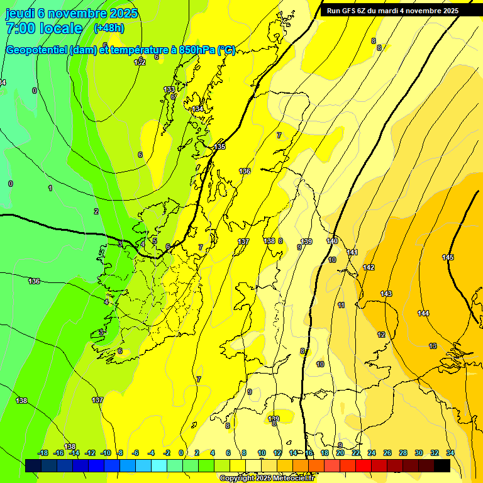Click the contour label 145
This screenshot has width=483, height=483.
pyautogui.click(x=448, y=257)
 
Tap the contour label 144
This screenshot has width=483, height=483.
pyautogui.click(x=423, y=313)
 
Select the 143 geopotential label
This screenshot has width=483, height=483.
pyautogui.click(x=386, y=294)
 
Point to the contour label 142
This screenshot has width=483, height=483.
pyautogui.click(x=369, y=267)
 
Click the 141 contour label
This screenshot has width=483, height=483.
pyautogui.click(x=352, y=252)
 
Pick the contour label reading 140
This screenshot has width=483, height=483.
pyautogui.click(x=332, y=241)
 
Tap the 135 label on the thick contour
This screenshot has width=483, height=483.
pyautogui.click(x=219, y=147)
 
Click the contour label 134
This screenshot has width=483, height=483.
pyautogui.click(x=198, y=109)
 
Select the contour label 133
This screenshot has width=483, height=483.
pyautogui.click(x=169, y=90)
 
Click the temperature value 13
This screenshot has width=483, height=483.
pyautogui.click(x=433, y=346)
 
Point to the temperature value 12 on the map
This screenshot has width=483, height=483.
pyautogui.click(x=381, y=335)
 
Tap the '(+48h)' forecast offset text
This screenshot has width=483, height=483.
pyautogui.click(x=109, y=28)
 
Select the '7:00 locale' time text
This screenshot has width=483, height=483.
pyautogui.click(x=44, y=28)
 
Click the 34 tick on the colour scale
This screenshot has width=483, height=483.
pyautogui.click(x=450, y=453)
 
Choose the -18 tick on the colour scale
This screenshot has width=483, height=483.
pyautogui.click(x=43, y=453)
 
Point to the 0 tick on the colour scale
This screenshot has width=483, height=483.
pyautogui.click(x=181, y=453)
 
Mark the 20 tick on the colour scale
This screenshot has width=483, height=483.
pyautogui.click(x=340, y=453)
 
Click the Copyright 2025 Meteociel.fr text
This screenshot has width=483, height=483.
pyautogui.click(x=267, y=479)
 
